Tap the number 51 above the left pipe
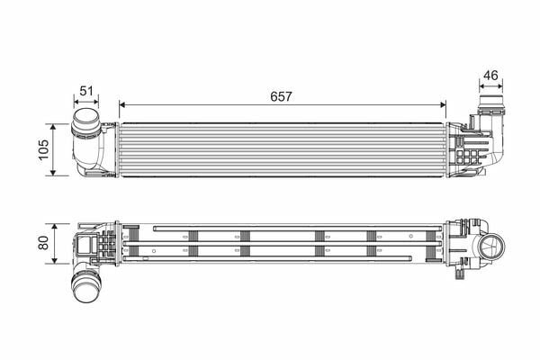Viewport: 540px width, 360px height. point(86,91)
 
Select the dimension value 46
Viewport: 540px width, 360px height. point(491,76)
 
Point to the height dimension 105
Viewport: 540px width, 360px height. point(41,148)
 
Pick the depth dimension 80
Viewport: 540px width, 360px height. point(41,244)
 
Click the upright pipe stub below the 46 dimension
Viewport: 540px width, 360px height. point(491,103)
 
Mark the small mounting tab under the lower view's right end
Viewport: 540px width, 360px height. point(463,265)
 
